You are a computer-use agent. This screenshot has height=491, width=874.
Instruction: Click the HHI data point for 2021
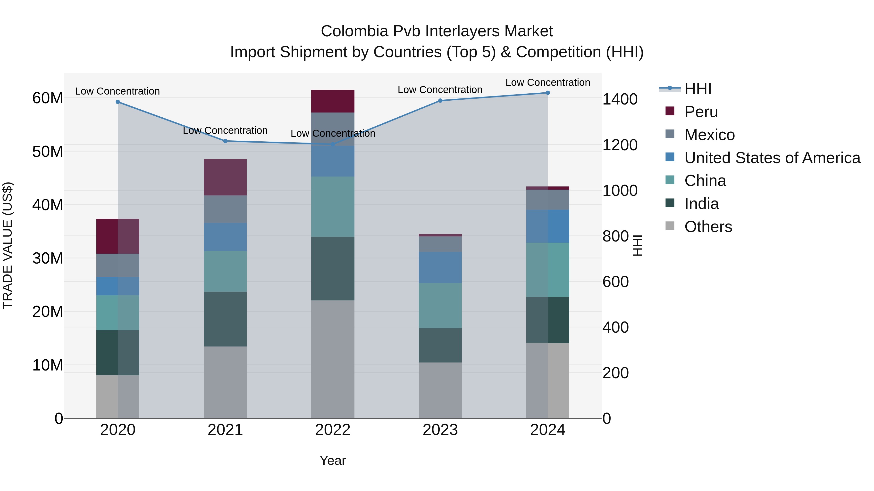[x=225, y=141]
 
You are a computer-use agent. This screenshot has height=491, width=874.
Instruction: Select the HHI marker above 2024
[x=548, y=93]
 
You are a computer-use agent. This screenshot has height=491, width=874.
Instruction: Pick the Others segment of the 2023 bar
[x=440, y=390]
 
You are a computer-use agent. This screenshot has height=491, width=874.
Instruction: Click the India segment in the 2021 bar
[x=225, y=319]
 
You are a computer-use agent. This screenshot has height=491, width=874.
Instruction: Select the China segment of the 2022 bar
[x=333, y=206]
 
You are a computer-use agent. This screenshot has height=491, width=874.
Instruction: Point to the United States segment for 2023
[x=440, y=267]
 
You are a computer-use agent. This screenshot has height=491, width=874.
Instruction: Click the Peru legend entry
[x=701, y=112]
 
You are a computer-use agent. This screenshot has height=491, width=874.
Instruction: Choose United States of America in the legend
[x=772, y=158]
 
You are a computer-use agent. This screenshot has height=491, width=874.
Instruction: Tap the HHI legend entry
[x=698, y=89]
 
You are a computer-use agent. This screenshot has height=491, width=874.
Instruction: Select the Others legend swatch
[x=670, y=226]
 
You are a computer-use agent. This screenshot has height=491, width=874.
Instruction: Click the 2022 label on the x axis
[x=333, y=430]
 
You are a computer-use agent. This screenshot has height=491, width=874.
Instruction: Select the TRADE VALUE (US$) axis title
[x=8, y=245]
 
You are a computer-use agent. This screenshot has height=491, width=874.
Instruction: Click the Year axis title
[x=333, y=460]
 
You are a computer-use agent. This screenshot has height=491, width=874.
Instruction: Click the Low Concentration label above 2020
[x=118, y=91]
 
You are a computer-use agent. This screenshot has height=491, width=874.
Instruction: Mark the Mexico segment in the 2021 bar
[x=225, y=209]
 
